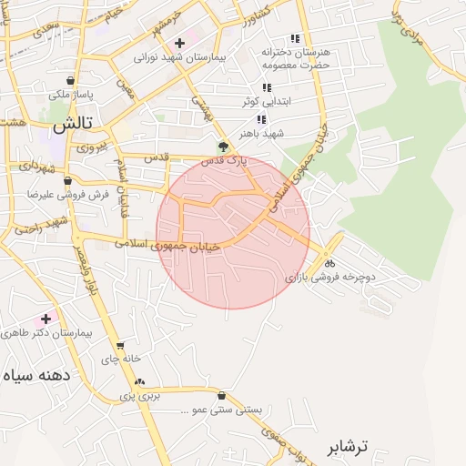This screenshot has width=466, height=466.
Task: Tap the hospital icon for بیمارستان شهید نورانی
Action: pos(179,42)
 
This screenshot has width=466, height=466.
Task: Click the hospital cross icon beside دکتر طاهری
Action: pos(46,319)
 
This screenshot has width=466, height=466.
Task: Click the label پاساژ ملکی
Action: pos(71,94)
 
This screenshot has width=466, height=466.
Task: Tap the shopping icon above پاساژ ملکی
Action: pos(71,80)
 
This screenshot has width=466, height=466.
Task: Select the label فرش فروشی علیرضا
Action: pos(67,194)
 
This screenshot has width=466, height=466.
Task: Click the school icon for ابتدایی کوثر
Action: pos(266,87)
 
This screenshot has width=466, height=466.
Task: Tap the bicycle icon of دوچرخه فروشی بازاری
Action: pos(328,262)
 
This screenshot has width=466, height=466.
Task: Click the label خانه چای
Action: pos(121,360)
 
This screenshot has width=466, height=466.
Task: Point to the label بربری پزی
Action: pos(141,397)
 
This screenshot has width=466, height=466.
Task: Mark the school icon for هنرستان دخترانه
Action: pos(294,38)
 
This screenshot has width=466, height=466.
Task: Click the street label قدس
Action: pos(157,157)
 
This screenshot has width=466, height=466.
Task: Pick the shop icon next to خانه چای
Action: pos(120,346)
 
